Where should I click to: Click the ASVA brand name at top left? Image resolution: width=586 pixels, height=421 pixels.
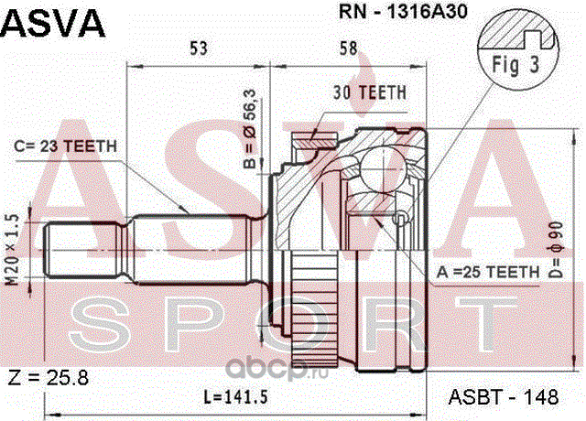[53, 22]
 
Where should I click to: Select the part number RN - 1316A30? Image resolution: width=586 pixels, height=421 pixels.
[403, 12]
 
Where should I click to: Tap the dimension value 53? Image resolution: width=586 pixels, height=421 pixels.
[198, 49]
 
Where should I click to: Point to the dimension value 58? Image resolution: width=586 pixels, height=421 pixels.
[348, 49]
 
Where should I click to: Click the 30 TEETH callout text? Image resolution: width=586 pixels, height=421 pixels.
[370, 92]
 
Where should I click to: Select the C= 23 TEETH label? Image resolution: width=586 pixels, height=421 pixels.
[65, 146]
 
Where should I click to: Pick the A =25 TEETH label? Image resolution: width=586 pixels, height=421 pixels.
[488, 272]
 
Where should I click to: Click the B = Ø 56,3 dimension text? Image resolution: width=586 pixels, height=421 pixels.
[250, 129]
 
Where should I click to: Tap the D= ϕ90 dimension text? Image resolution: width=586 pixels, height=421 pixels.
[557, 250]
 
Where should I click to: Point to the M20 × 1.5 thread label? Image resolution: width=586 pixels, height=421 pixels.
[14, 250]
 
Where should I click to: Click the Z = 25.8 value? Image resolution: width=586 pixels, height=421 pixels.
[49, 378]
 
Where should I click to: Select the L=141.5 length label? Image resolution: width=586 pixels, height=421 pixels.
[235, 396]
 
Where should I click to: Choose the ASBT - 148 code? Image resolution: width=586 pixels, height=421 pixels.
[504, 396]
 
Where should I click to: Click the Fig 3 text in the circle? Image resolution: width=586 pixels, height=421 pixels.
[515, 64]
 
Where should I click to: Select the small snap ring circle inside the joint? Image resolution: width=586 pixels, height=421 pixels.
[400, 218]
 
